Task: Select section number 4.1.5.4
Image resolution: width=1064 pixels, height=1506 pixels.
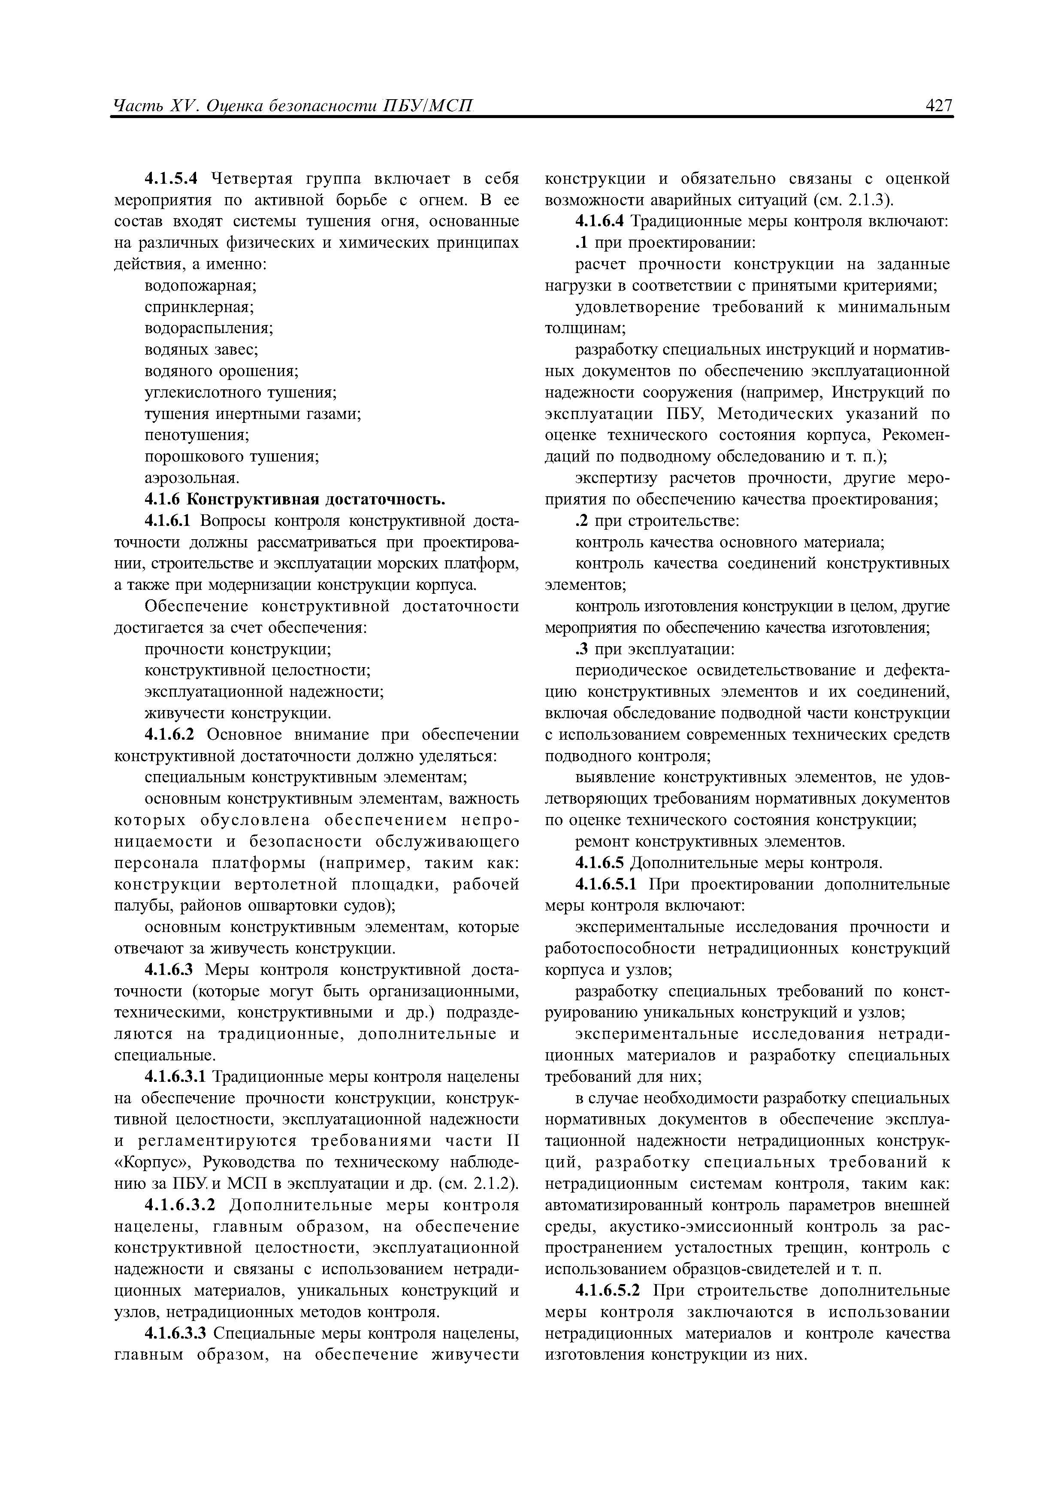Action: tap(171, 179)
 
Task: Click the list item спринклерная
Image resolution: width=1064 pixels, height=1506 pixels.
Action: tap(199, 308)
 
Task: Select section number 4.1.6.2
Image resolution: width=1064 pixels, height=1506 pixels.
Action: tap(171, 735)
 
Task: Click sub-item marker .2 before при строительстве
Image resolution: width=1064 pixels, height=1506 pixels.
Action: tap(582, 522)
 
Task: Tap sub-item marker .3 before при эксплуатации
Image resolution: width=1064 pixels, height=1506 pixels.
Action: tap(582, 650)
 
